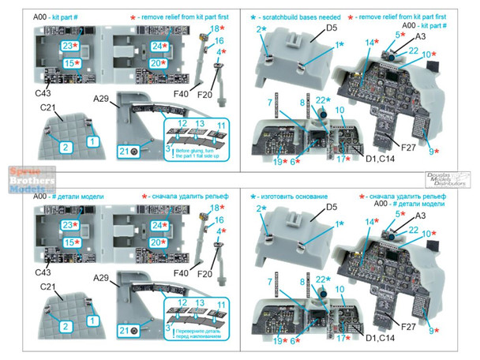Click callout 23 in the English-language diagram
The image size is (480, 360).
(70, 47)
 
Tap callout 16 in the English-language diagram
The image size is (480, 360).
(219, 40)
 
